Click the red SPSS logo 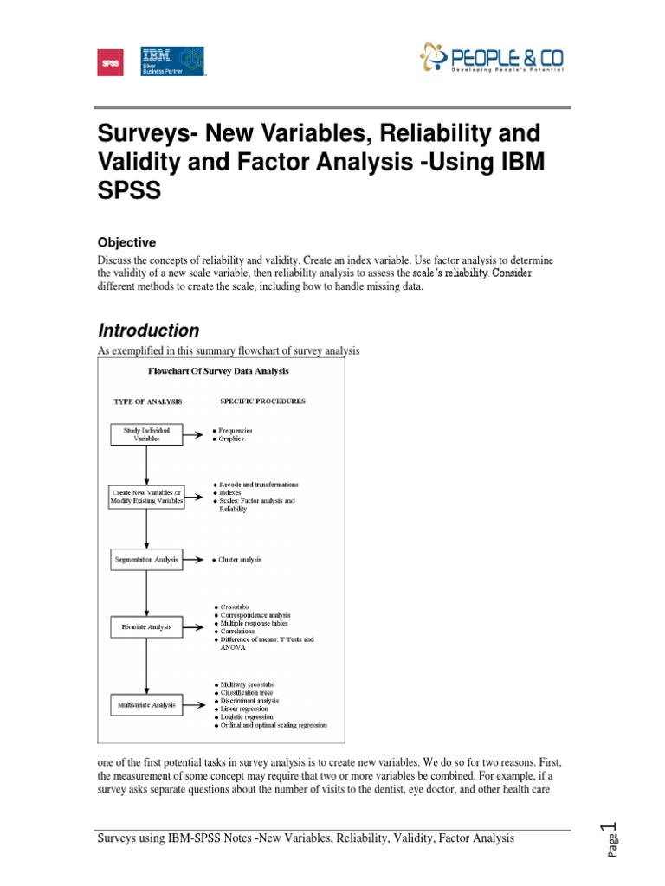110,62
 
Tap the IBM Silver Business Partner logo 172,61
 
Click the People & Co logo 491,59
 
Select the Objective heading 126,243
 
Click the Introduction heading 148,331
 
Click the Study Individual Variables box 146,433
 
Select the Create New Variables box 146,497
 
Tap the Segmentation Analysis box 146,560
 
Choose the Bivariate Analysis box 146,626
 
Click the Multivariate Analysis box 146,705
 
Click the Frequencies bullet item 236,430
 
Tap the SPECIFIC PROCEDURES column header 261,401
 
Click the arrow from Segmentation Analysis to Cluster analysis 196,560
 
